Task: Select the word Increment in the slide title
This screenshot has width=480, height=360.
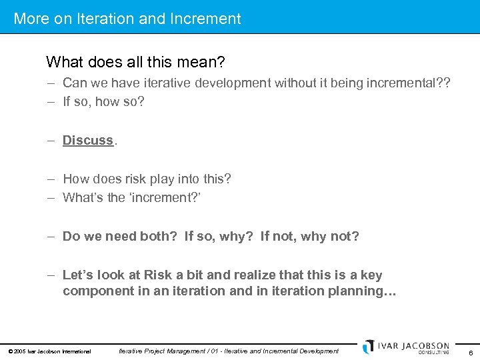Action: (207, 19)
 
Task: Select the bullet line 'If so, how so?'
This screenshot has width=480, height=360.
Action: (103, 102)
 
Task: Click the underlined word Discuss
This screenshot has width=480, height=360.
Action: (88, 140)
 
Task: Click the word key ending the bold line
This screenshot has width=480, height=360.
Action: (371, 275)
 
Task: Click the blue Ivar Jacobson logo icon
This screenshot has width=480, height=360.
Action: (369, 347)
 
